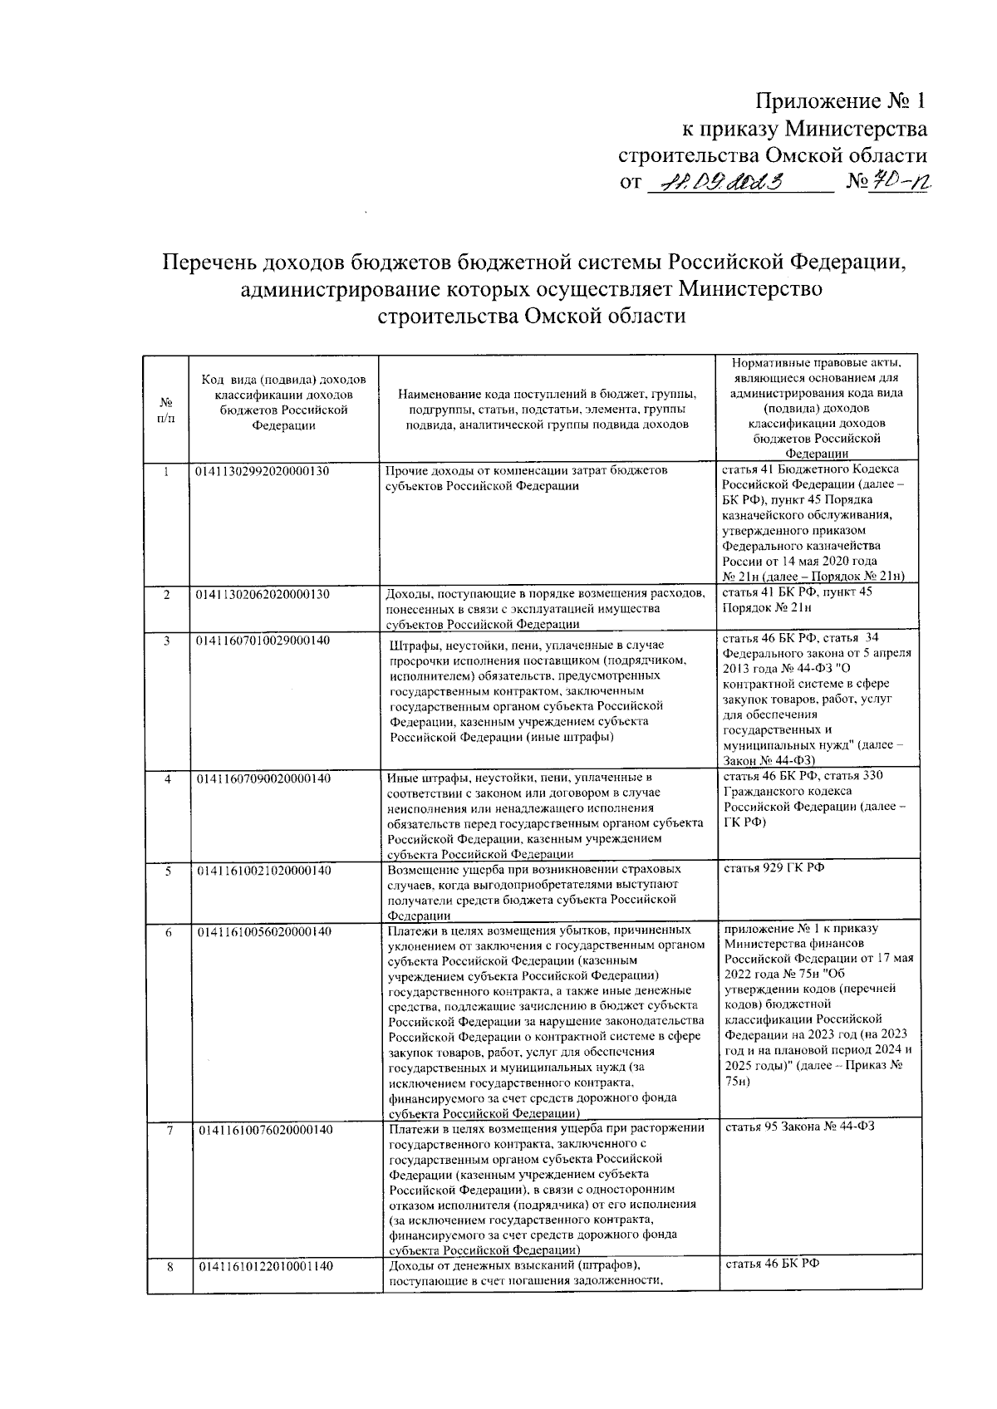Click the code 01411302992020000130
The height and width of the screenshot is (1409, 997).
point(263,471)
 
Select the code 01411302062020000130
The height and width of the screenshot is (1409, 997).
point(263,594)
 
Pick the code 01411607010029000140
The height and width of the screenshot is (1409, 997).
point(263,641)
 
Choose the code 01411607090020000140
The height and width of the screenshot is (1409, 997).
point(263,778)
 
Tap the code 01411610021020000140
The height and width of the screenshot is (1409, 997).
point(263,870)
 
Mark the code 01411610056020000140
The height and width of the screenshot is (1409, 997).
point(263,931)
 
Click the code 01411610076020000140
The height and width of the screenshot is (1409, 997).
point(263,1130)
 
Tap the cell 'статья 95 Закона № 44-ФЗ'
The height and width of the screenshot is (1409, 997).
point(799,1127)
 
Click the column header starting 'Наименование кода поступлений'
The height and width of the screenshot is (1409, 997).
point(546,409)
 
